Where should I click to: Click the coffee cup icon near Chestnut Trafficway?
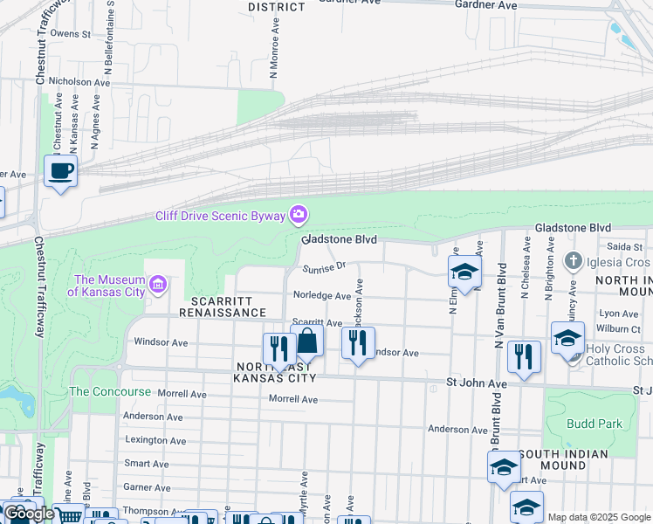(x=60, y=171)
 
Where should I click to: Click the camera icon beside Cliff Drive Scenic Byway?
(x=299, y=214)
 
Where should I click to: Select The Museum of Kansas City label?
(x=109, y=286)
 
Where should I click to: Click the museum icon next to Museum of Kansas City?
(x=158, y=283)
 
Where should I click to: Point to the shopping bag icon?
(x=306, y=341)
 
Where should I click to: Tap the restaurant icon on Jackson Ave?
(x=357, y=342)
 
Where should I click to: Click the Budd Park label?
(x=594, y=424)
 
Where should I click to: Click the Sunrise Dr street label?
(x=325, y=266)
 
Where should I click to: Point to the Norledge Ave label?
(x=322, y=296)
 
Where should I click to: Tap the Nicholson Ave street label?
(x=82, y=82)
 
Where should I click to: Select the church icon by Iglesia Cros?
(x=574, y=261)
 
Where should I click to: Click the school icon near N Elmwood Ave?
(x=464, y=272)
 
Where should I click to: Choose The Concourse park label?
(x=110, y=392)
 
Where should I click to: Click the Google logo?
(x=29, y=514)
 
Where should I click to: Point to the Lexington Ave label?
(x=155, y=440)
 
